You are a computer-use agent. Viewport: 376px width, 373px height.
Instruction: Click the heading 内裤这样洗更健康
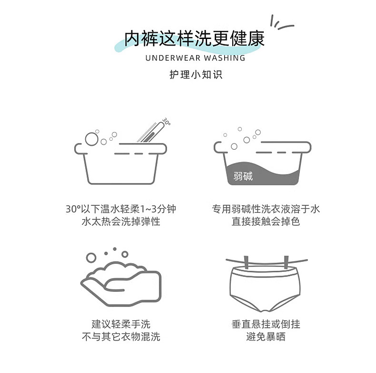[x=194, y=39]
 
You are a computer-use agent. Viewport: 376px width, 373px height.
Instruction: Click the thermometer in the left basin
[x=151, y=133]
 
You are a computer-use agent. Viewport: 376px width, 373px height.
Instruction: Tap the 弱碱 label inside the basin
[x=243, y=177]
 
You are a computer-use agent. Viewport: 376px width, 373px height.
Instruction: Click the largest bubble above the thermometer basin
[x=90, y=139]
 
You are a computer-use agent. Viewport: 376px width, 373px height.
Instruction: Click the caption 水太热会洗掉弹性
[x=121, y=221]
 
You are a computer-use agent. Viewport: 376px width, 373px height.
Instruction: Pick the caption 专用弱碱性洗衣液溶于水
[x=266, y=209]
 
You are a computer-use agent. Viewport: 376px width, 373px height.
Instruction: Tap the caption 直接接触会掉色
[x=266, y=221]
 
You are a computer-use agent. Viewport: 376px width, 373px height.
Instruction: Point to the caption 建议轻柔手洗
[x=121, y=325]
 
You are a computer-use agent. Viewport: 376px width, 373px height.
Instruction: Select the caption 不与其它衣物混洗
[x=121, y=337]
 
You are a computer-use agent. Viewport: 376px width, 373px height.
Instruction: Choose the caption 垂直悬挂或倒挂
[x=266, y=325]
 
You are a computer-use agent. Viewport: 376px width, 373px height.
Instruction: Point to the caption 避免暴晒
[x=266, y=337]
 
